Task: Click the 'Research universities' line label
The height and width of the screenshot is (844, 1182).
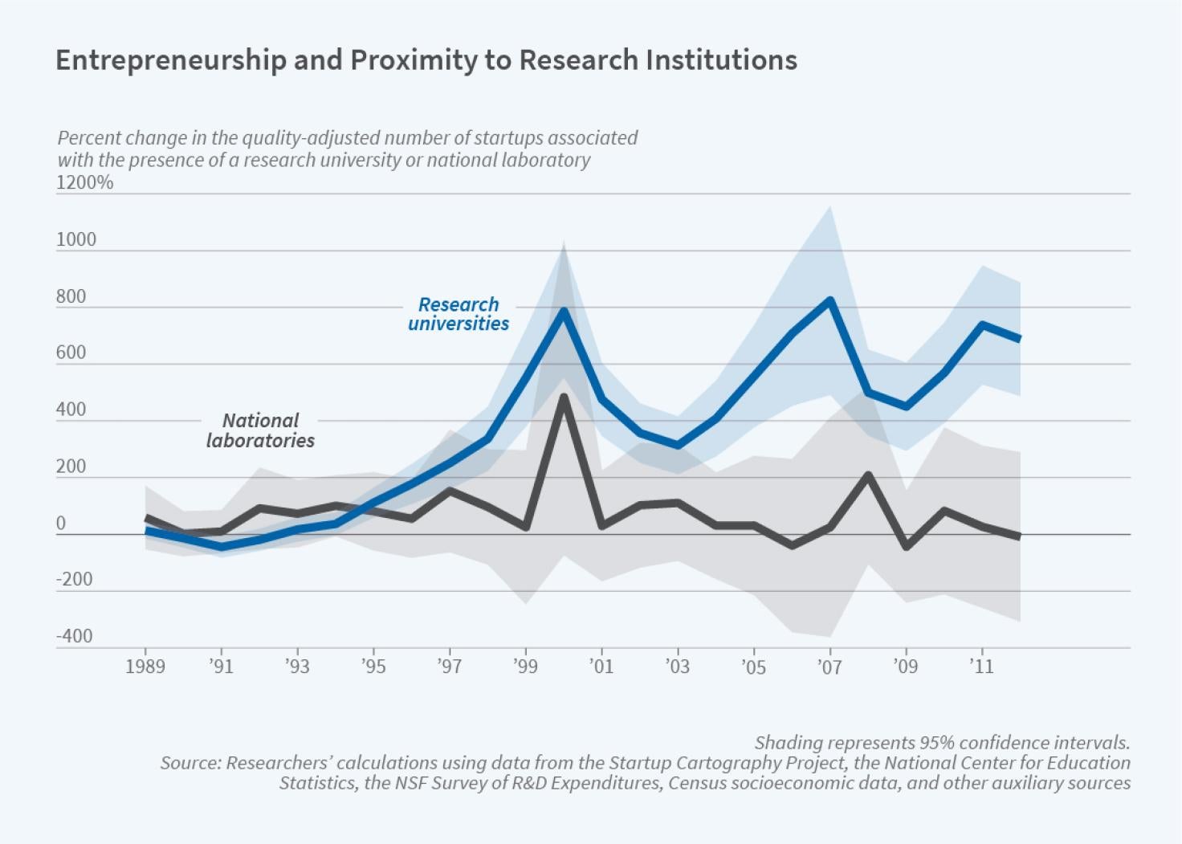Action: (459, 314)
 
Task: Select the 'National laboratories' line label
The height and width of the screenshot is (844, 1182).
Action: (260, 430)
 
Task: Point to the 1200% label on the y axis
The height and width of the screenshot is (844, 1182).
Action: (84, 182)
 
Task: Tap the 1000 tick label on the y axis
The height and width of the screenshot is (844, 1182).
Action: (76, 239)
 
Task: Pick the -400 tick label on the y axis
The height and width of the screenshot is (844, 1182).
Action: (74, 636)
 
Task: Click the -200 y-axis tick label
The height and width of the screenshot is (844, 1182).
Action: (74, 579)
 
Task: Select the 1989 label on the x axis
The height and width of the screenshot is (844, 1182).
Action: (145, 667)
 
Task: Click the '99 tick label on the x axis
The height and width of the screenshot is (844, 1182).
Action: (525, 667)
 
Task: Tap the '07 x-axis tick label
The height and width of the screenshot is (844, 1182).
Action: (829, 667)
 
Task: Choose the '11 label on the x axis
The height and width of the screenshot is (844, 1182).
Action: (980, 667)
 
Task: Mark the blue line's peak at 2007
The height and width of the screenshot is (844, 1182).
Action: (830, 300)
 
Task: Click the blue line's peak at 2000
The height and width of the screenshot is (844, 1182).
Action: (564, 311)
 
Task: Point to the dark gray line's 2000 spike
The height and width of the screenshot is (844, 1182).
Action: (564, 396)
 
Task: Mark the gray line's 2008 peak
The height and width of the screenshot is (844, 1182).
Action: (868, 475)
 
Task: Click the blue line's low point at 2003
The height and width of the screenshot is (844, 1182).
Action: (678, 445)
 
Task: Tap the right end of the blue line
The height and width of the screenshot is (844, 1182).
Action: (1019, 339)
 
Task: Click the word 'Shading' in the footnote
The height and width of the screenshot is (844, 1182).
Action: (783, 742)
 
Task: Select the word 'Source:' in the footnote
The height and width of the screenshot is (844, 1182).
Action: (190, 762)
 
